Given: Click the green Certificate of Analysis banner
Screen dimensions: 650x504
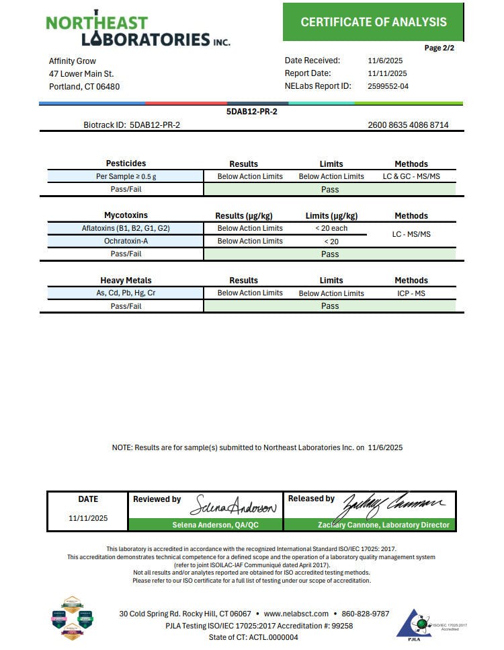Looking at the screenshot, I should pos(373,22).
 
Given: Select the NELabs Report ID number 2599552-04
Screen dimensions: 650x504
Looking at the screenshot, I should pos(388,86).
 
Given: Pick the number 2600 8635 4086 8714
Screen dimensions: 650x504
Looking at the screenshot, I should pos(408,125).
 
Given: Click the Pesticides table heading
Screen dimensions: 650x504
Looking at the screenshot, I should pos(126,164).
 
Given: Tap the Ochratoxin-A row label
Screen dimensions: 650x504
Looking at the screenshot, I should pos(126,241).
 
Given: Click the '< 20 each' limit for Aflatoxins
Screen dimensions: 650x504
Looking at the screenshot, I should pos(331,228).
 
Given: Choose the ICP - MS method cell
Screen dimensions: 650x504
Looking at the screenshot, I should pos(411,293).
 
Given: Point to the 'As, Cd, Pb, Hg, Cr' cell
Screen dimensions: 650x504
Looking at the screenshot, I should pos(126,293).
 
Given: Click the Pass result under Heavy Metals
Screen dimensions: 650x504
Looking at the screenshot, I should pos(330,306).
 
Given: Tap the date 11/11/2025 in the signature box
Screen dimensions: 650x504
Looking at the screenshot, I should pos(88,519).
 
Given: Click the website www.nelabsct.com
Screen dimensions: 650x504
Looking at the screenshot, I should pos(296,614).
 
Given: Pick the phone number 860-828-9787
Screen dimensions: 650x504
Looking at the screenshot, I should pos(365,614).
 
